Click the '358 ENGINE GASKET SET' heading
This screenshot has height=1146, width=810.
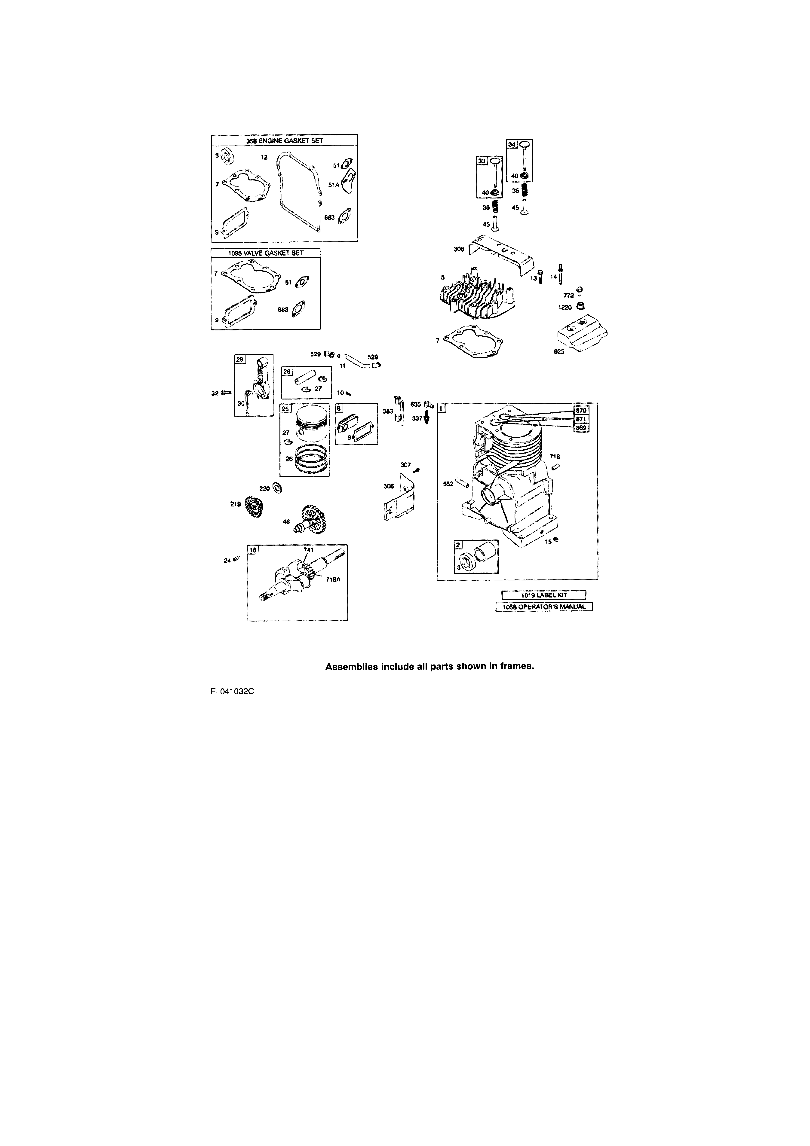pos(284,141)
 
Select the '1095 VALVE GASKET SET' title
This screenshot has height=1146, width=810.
pos(266,253)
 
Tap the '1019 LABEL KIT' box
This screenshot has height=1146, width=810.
pos(544,595)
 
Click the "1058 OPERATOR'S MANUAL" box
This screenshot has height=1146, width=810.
pos(544,607)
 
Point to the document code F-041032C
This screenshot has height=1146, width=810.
pos(232,691)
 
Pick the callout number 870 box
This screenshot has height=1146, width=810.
pos(581,410)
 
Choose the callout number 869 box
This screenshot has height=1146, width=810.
pos(581,428)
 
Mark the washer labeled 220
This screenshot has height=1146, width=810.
pos(277,489)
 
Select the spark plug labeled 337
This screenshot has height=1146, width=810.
pos(426,418)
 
